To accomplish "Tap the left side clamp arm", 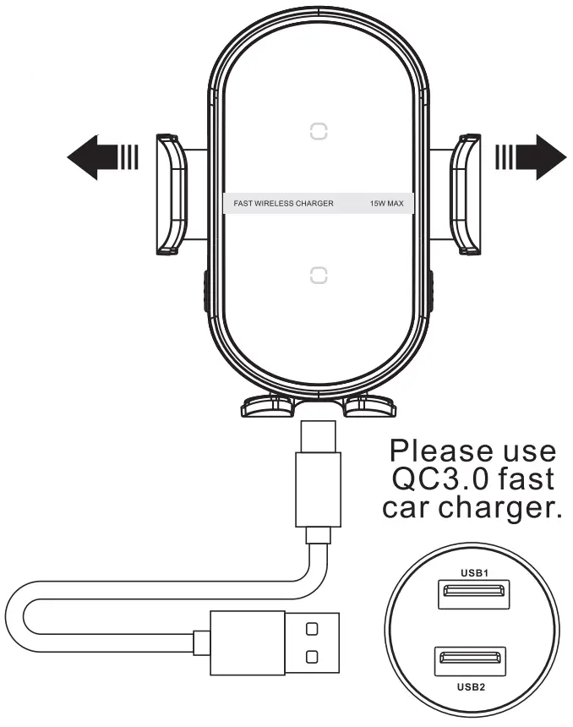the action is (x=172, y=194).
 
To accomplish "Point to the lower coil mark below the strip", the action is (x=318, y=276).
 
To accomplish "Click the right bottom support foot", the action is (x=371, y=407).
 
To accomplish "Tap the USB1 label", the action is (x=473, y=572).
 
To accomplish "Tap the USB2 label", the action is (x=471, y=687).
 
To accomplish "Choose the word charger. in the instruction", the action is (x=505, y=509).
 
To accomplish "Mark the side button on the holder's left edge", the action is (x=205, y=292).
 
